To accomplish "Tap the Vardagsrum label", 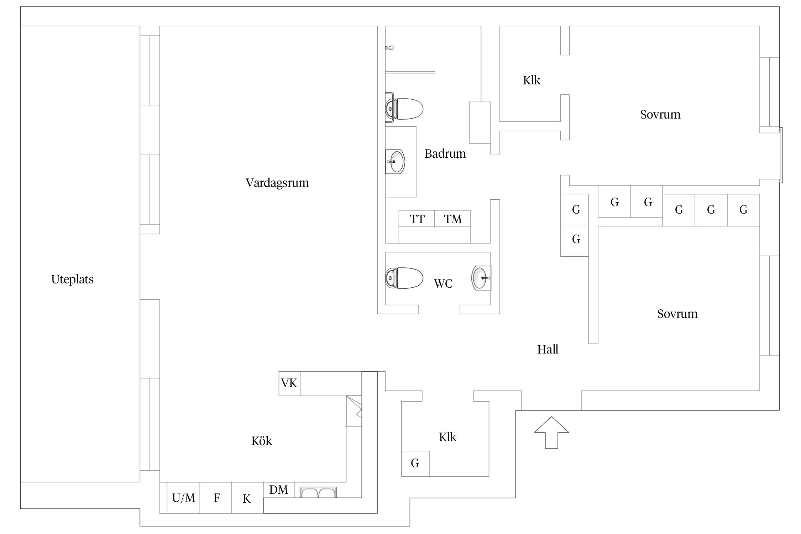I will pos(277,183).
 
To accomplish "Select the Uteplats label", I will pos(72,279).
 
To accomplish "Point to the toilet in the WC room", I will pos(405,278).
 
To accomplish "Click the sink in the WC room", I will pos(481,278).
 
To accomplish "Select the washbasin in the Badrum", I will pos(396,162).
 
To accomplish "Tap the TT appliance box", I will pos(417,219).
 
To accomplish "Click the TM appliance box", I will pos(452,219).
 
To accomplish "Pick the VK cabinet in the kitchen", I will pos(289,383).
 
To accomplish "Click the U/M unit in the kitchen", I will pos(183,498).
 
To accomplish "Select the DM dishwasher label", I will pos(279,490).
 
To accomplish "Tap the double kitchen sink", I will pos(318,492).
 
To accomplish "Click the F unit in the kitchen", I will pos(216,498).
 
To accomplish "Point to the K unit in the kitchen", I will pos(247,498).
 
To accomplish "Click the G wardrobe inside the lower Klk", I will pos(415,463).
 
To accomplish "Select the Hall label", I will pos(548,350).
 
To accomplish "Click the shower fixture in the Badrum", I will pos(390,48).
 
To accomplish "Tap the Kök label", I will pos(261,441).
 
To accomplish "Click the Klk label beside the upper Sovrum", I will pos(532,80).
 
